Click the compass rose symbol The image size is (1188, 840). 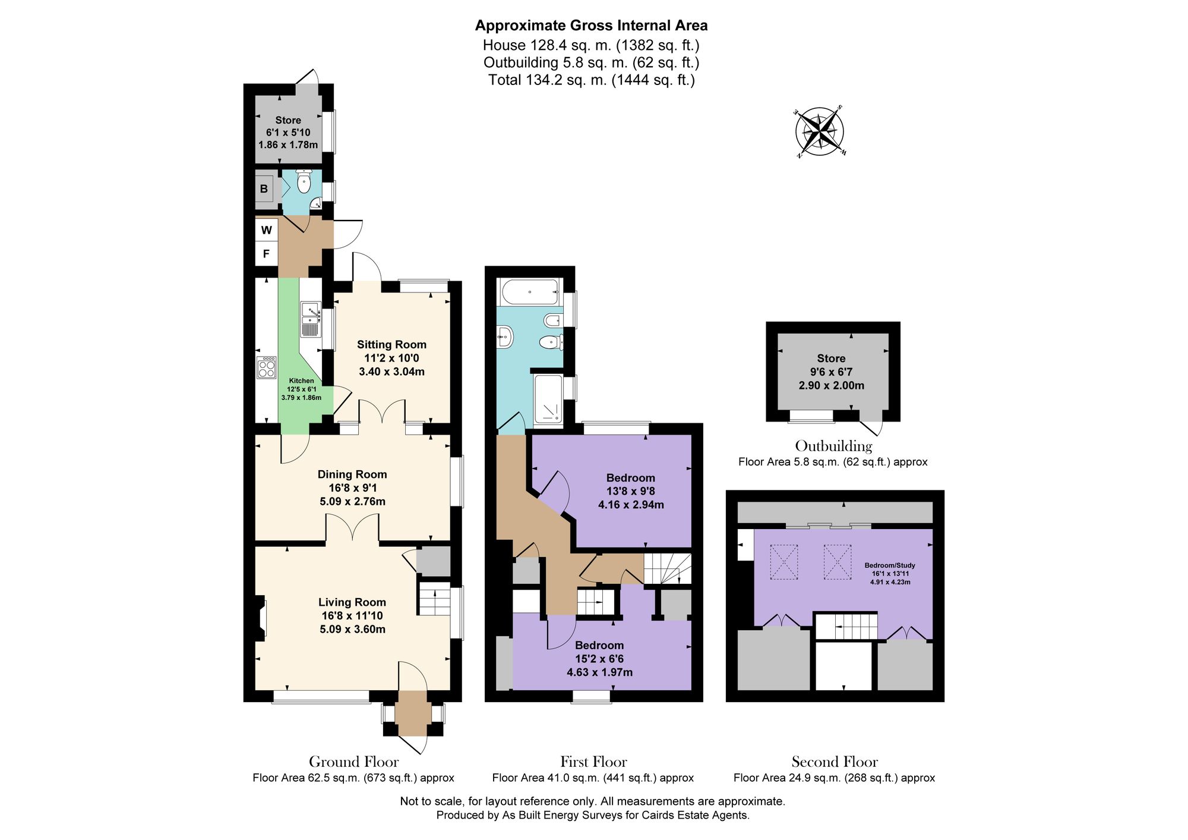pyautogui.click(x=820, y=132)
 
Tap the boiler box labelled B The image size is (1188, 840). pyautogui.click(x=264, y=189)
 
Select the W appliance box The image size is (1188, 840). pyautogui.click(x=267, y=230)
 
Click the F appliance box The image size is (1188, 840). pyautogui.click(x=267, y=254)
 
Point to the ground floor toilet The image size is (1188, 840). pyautogui.click(x=304, y=182)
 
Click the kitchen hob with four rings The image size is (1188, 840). pyautogui.click(x=267, y=367)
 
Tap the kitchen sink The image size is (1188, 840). pyautogui.click(x=311, y=320)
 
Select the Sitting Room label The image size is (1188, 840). pyautogui.click(x=391, y=345)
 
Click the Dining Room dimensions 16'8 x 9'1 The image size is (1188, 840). pyautogui.click(x=352, y=488)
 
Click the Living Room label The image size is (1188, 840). pyautogui.click(x=352, y=602)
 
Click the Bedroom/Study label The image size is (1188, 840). pyautogui.click(x=889, y=565)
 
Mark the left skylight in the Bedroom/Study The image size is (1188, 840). pyautogui.click(x=784, y=562)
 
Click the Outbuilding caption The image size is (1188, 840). pyautogui.click(x=833, y=446)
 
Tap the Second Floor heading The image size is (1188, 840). pyautogui.click(x=834, y=762)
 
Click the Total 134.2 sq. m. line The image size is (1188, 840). pyautogui.click(x=591, y=80)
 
